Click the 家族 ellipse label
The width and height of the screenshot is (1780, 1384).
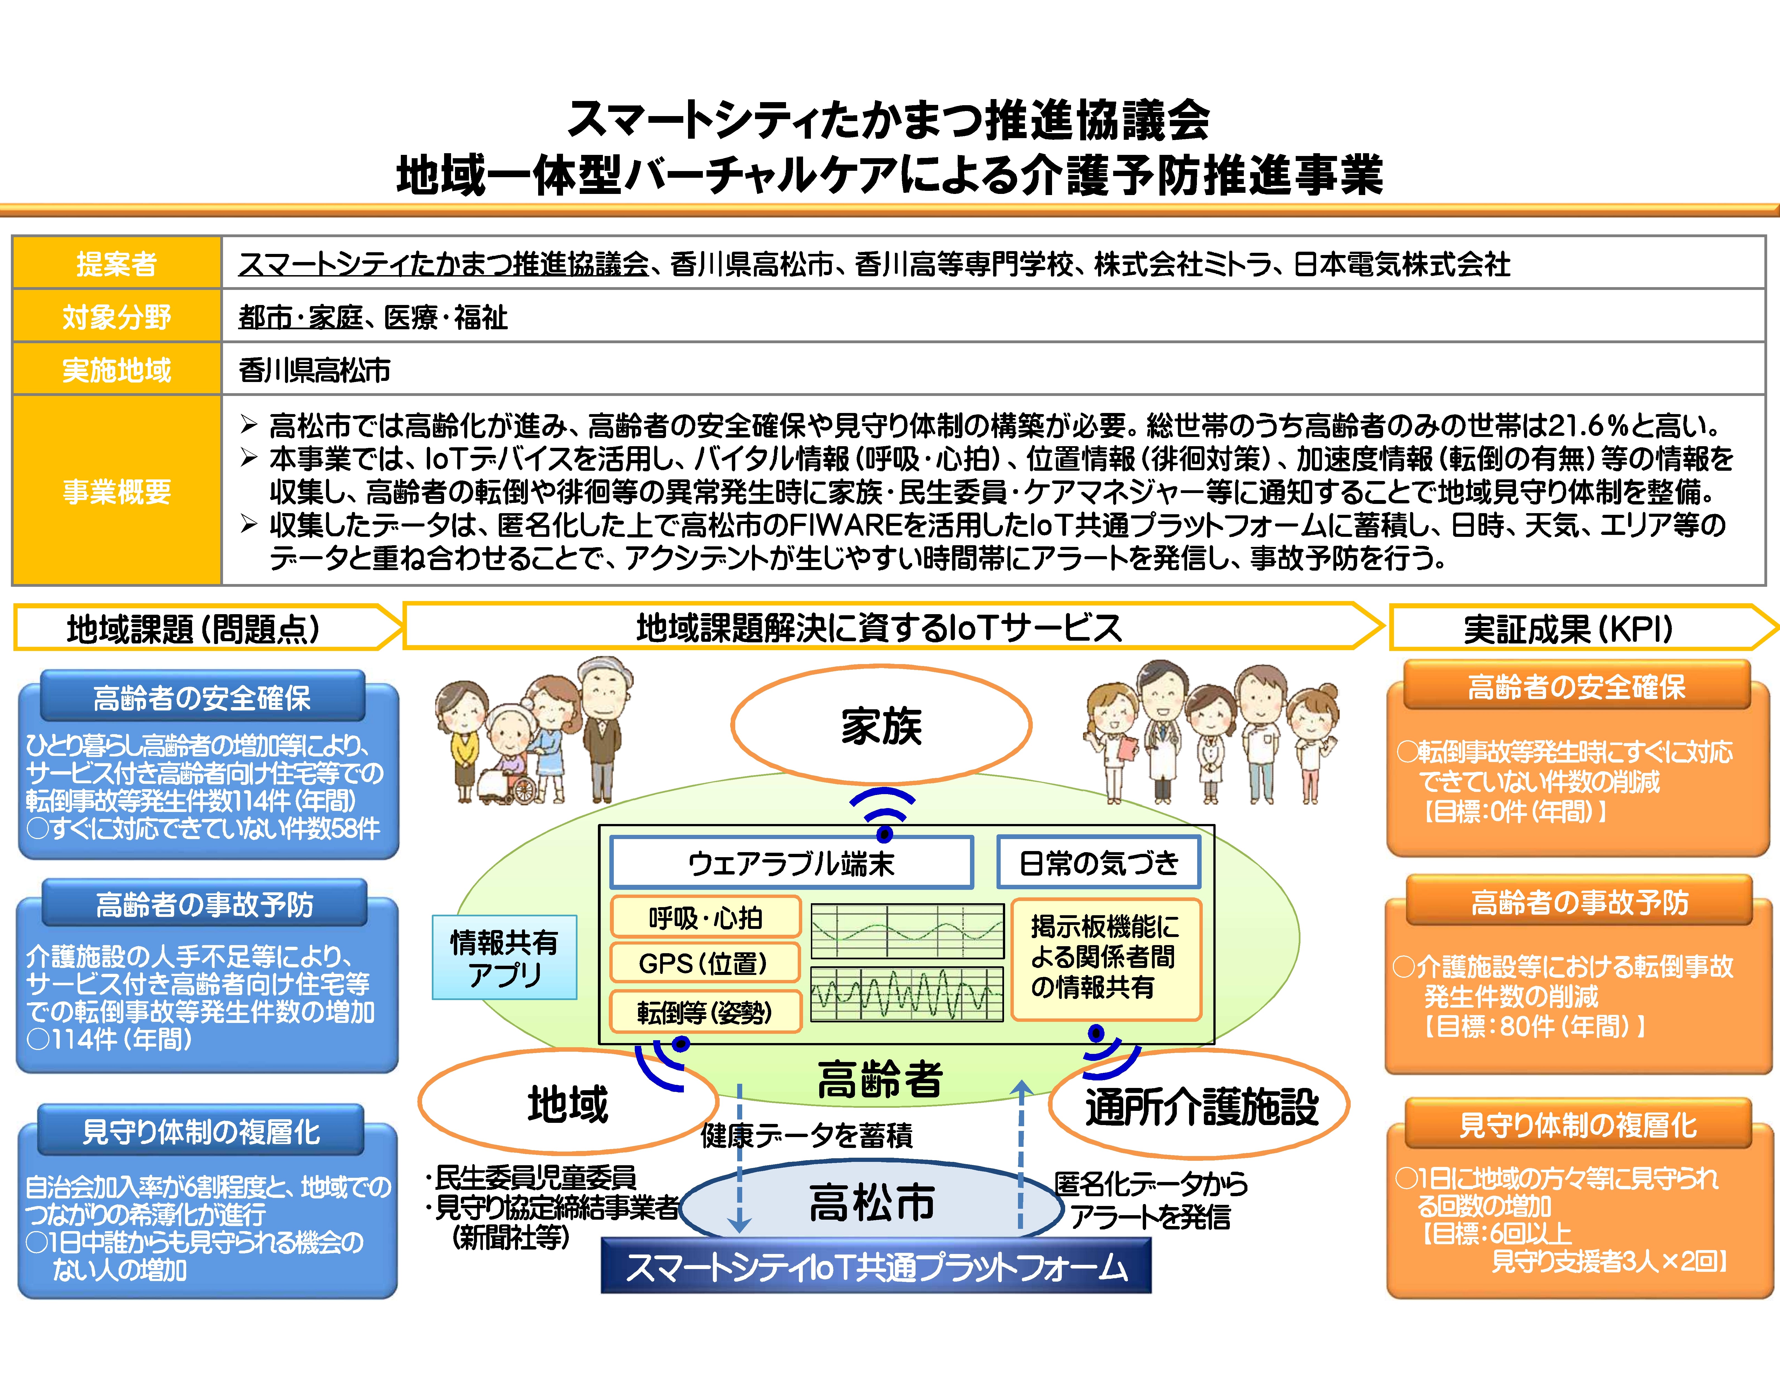pos(881,725)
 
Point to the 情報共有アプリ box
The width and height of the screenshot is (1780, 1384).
pos(504,957)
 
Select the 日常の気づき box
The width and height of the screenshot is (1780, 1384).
pos(1098,862)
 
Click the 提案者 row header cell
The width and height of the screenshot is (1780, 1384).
pos(117,263)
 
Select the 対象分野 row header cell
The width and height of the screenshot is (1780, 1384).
pos(117,316)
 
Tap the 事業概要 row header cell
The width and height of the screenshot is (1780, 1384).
pos(117,490)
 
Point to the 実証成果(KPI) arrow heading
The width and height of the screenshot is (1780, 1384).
pos(1569,628)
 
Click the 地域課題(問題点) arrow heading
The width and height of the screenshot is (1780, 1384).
pos(194,628)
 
